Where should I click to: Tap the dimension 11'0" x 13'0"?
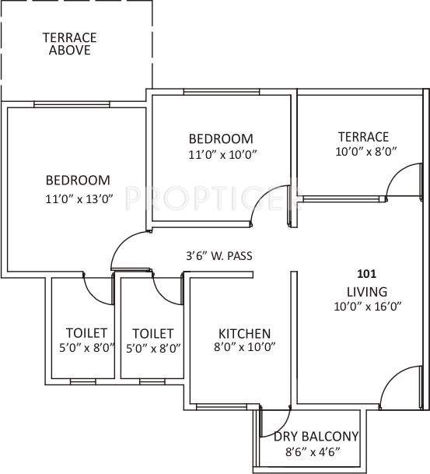(x=79, y=198)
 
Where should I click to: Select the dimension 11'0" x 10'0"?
(x=222, y=154)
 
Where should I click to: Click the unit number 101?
(x=365, y=274)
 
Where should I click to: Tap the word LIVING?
(x=366, y=291)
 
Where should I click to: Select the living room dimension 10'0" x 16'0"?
(x=366, y=307)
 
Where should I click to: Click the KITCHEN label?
(x=243, y=332)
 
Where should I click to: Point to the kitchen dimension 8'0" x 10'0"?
(x=243, y=348)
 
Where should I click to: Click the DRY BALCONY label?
(x=316, y=436)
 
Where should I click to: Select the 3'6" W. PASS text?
(x=218, y=255)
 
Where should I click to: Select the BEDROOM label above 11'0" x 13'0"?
(x=77, y=180)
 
